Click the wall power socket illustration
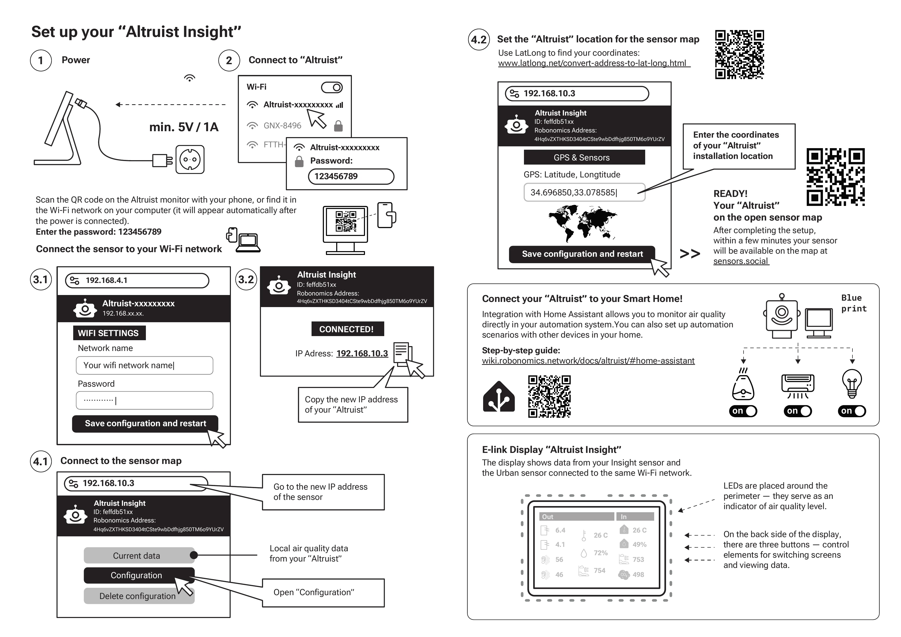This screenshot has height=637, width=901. pos(190,160)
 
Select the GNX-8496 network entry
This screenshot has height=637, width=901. pos(282,126)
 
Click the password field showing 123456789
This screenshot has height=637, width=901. pos(351,176)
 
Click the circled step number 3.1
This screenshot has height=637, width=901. pos(40,280)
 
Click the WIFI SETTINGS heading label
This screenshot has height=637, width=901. pos(109,333)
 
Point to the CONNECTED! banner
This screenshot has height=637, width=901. pos(347,329)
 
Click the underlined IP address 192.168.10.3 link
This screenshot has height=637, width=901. pos(362,353)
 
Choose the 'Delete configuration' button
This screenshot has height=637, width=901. pos(138,596)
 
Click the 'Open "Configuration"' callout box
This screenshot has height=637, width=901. pos(323,593)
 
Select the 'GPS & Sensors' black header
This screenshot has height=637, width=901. pos(584,158)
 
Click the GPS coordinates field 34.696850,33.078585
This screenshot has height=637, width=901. pos(584,193)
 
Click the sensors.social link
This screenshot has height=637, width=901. pos(740,261)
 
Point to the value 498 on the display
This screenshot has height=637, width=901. pos(638,575)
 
